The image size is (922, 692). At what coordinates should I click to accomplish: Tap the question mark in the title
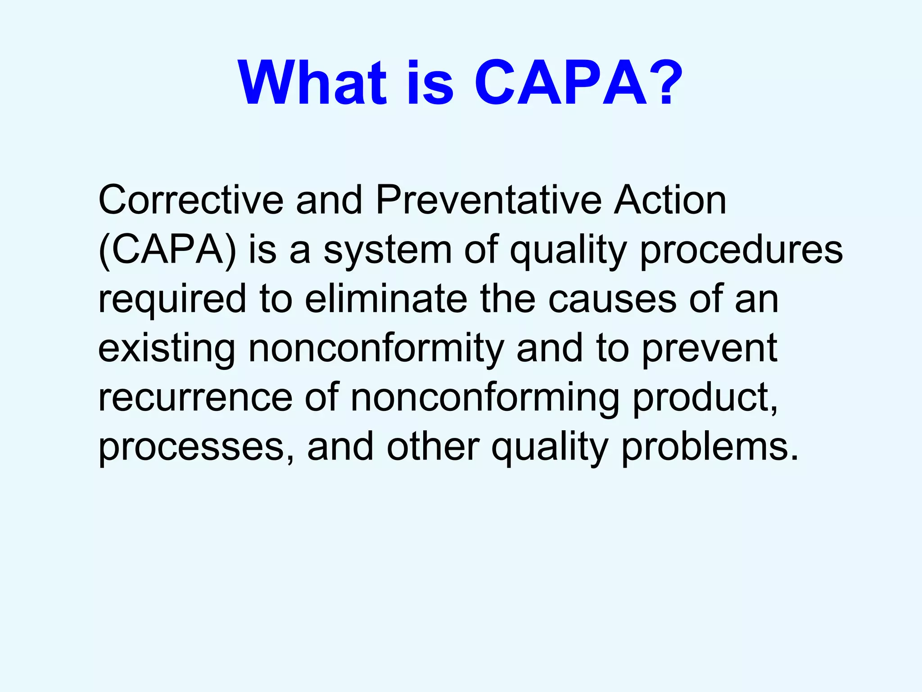tap(661, 84)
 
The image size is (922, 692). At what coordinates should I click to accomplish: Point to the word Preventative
tap(488, 200)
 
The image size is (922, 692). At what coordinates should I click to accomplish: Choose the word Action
tap(670, 200)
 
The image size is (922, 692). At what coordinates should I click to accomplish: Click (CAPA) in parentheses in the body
tap(167, 250)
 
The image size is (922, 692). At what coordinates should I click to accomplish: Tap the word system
tap(388, 250)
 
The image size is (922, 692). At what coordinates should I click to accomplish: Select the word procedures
tap(741, 250)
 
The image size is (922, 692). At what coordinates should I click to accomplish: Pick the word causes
tap(612, 300)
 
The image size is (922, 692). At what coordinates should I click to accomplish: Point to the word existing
tap(167, 350)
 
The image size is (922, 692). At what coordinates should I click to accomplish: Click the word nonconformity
tap(376, 350)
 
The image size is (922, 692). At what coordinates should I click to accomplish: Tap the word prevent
tap(710, 350)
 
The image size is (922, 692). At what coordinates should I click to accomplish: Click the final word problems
tap(710, 448)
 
